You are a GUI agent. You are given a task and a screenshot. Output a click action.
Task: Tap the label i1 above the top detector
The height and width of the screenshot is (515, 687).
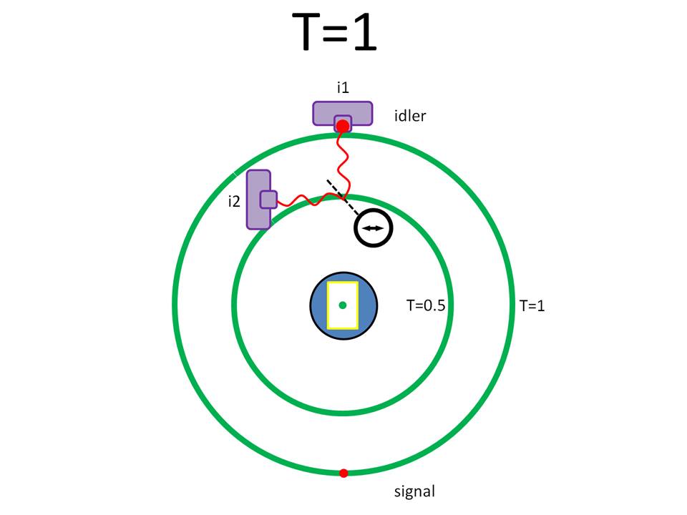(343, 87)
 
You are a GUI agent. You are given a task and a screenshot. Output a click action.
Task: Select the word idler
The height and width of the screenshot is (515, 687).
(409, 115)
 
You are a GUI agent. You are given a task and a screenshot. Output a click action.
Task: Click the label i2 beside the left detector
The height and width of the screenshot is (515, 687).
(233, 201)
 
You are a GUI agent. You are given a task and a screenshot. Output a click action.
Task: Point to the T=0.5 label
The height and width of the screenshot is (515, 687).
(426, 305)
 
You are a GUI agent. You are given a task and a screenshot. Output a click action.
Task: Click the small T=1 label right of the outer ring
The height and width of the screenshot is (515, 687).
(532, 305)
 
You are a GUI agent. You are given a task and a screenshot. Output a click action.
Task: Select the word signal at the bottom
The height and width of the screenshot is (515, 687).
(414, 491)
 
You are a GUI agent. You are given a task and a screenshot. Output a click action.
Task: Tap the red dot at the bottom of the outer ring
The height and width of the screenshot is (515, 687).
(343, 473)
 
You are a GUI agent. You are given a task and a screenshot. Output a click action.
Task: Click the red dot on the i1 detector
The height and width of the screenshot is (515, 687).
(343, 126)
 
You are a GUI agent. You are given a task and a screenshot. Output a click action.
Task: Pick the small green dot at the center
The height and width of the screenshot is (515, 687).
(343, 305)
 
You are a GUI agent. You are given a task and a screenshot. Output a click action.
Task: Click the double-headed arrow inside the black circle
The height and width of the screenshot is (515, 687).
(374, 227)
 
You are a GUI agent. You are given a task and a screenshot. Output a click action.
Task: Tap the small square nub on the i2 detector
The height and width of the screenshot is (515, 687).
(268, 199)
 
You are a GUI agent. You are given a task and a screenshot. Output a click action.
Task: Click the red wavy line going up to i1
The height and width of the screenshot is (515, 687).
(341, 161)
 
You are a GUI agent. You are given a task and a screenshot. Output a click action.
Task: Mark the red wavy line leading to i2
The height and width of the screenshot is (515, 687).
(308, 200)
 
